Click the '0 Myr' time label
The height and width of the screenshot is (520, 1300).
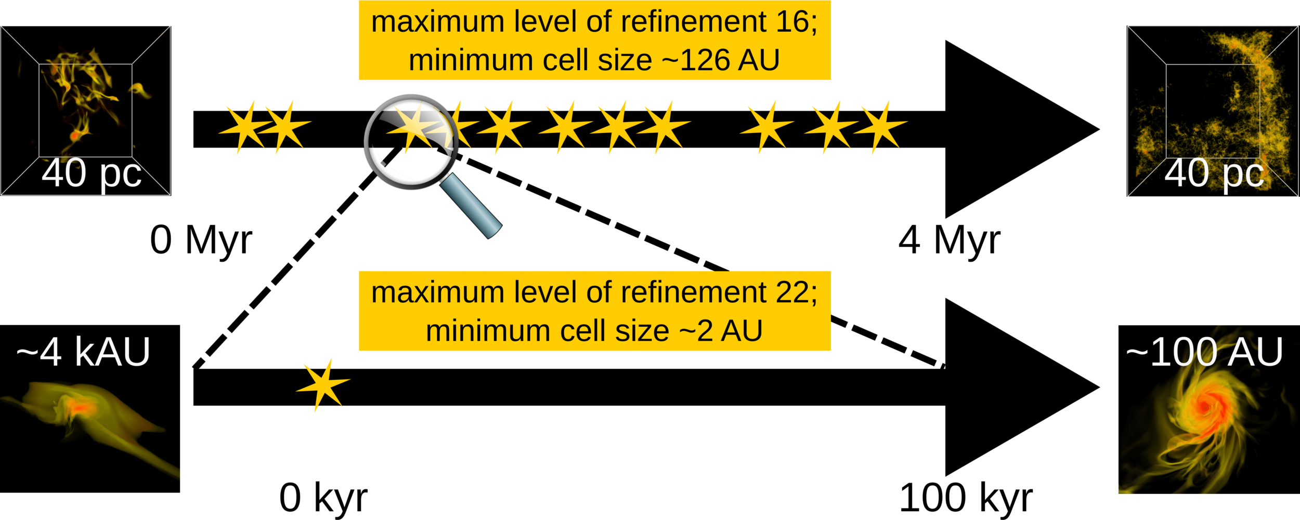201,240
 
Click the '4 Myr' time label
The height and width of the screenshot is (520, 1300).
949,240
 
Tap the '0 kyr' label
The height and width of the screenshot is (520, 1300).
323,498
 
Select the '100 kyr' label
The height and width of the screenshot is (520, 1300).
966,498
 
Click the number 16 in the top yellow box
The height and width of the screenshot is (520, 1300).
796,22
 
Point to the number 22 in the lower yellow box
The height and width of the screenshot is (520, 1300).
796,292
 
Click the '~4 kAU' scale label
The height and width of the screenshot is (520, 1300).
83,352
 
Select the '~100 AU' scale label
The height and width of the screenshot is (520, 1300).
1204,352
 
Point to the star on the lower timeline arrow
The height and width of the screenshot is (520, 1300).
322,385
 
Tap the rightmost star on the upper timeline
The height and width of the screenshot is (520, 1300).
880,127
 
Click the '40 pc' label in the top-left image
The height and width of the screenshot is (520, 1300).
92,174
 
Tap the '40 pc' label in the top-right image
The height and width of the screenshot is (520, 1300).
1214,174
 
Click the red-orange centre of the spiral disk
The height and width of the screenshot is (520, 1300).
1204,407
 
